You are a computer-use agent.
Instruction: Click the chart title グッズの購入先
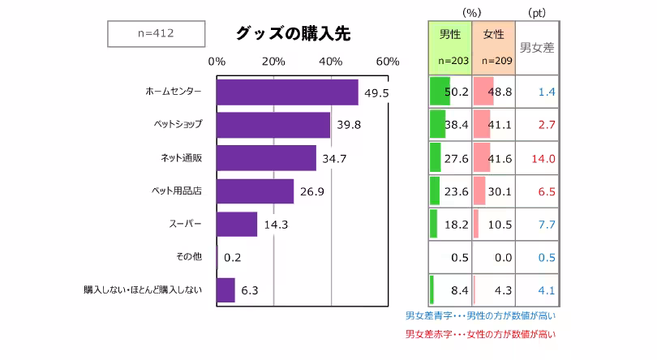pyautogui.click(x=293, y=33)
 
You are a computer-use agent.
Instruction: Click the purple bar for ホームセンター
pyautogui.click(x=287, y=92)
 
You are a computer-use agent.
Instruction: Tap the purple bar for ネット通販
pyautogui.click(x=266, y=158)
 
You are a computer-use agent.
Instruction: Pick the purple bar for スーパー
pyautogui.click(x=237, y=224)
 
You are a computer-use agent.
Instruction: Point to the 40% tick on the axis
pyautogui.click(x=331, y=62)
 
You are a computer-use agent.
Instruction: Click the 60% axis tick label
pyautogui.click(x=388, y=62)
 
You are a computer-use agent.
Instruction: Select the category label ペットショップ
pyautogui.click(x=178, y=125)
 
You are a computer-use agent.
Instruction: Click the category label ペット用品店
pyautogui.click(x=177, y=191)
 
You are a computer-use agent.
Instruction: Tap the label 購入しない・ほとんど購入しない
pyautogui.click(x=143, y=289)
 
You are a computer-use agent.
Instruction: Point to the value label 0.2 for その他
pyautogui.click(x=233, y=258)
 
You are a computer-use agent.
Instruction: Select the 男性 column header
pyautogui.click(x=450, y=36)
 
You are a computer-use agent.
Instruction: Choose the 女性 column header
pyautogui.click(x=493, y=36)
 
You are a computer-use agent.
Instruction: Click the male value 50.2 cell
pyautogui.click(x=450, y=92)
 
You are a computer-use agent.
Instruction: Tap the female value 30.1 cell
pyautogui.click(x=493, y=192)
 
